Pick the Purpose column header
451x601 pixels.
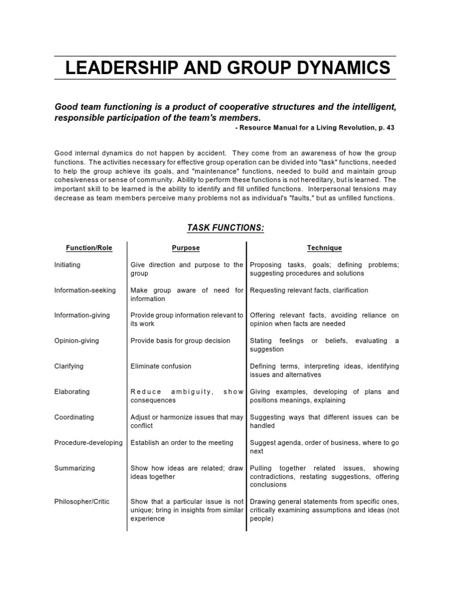[x=186, y=248]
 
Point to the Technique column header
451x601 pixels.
[x=324, y=248]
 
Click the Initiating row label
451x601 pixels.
[x=68, y=265]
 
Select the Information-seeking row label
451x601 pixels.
[x=85, y=291]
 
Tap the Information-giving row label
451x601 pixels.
[x=82, y=316]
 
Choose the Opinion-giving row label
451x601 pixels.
[x=77, y=341]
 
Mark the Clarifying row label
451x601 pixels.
[x=69, y=366]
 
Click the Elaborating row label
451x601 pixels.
[x=71, y=392]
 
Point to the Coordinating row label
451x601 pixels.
[x=74, y=417]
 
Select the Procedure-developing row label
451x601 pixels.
[x=88, y=443]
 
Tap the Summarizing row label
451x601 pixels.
[x=74, y=468]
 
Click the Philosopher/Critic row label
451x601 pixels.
[x=82, y=502]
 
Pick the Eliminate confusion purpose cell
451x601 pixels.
[x=161, y=366]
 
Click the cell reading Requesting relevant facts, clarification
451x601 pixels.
[x=309, y=291]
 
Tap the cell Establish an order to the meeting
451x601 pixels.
[x=181, y=443]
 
